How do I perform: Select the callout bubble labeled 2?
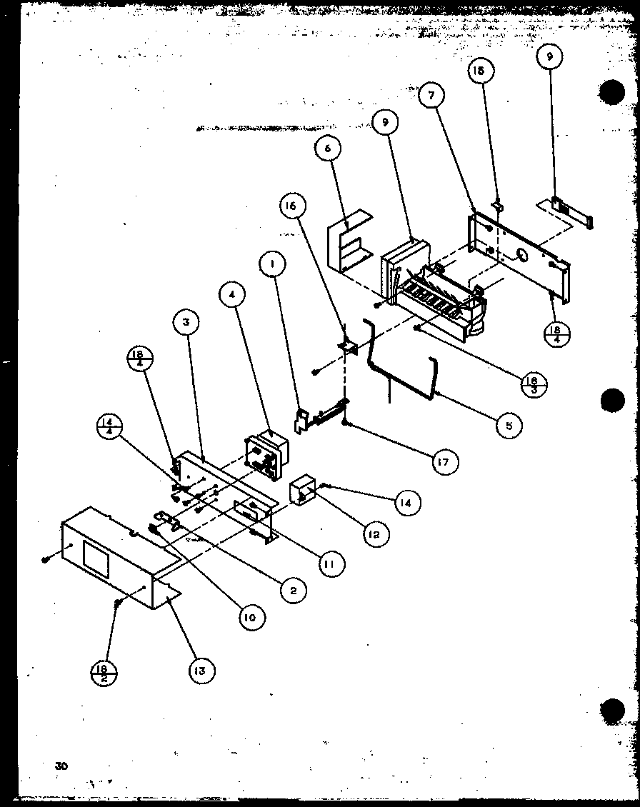pyautogui.click(x=293, y=589)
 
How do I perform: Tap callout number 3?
pyautogui.click(x=184, y=322)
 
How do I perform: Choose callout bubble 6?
pyautogui.click(x=328, y=148)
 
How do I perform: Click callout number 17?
pyautogui.click(x=445, y=463)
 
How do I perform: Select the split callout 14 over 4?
pyautogui.click(x=108, y=430)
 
